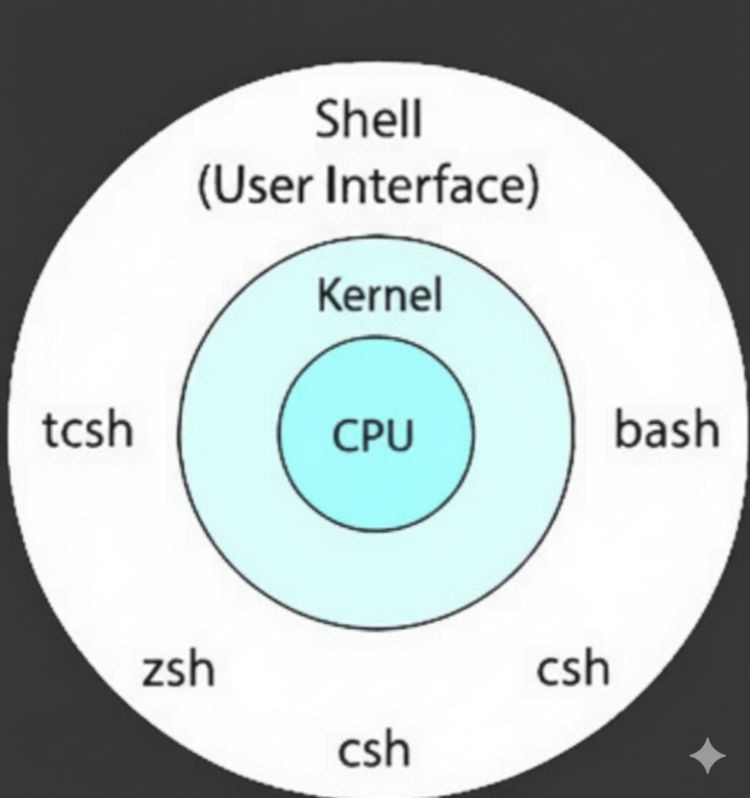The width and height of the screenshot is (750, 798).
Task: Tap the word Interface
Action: coord(423,187)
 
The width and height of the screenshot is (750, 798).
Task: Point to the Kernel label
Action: coord(380,296)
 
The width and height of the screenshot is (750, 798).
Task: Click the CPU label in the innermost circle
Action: coord(373,436)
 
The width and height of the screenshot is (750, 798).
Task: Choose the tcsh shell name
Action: coord(88,430)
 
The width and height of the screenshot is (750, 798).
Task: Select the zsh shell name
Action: coord(179,669)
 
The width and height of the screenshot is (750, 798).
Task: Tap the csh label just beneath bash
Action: coord(573,669)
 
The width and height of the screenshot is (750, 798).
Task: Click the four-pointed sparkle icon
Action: coord(707,755)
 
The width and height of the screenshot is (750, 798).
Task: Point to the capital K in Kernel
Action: coord(327,296)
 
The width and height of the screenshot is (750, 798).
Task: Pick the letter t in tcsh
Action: coord(50,430)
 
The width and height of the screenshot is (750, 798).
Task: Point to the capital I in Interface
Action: coord(333,187)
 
